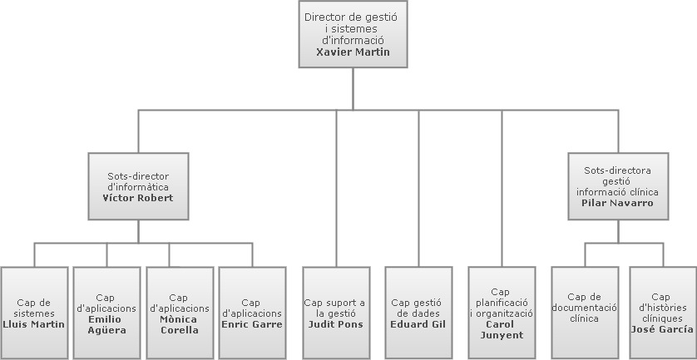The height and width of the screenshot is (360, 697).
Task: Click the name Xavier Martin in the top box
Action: click(x=353, y=52)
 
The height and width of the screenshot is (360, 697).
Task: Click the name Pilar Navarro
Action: click(x=617, y=203)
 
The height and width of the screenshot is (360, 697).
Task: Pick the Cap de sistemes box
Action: click(x=33, y=312)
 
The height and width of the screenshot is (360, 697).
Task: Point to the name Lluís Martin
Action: click(x=34, y=324)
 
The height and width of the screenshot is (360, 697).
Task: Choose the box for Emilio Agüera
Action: click(x=106, y=312)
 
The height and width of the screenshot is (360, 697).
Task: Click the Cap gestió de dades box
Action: click(x=418, y=312)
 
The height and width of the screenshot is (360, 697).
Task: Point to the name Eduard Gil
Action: click(x=418, y=324)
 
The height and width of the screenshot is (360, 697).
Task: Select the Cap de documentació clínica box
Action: click(x=585, y=312)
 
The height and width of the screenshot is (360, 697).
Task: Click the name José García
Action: click(x=661, y=329)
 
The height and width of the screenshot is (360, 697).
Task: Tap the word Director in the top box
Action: click(x=324, y=17)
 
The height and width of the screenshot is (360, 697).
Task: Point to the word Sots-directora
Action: click(x=617, y=170)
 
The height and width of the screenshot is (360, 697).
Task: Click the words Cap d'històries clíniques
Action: click(x=661, y=307)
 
